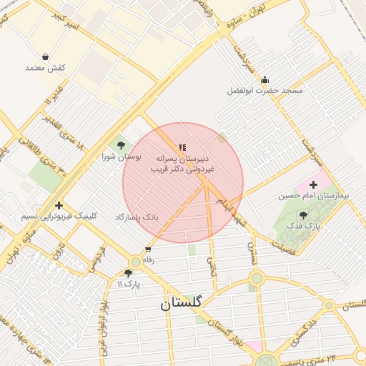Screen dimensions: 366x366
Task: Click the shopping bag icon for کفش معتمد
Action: click(46, 56)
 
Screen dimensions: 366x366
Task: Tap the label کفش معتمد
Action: click(45, 68)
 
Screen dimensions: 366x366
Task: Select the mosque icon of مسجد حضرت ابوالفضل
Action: click(265, 79)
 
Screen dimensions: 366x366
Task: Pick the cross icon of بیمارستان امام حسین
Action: click(313, 184)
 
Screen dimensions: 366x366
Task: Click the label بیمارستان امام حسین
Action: click(313, 196)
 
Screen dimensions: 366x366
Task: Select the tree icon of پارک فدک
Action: click(304, 214)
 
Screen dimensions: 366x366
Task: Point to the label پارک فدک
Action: click(304, 226)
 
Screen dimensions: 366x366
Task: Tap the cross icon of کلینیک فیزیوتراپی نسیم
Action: click(59, 204)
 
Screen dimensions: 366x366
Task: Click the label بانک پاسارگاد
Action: click(136, 216)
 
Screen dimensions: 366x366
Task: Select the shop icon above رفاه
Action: click(148, 249)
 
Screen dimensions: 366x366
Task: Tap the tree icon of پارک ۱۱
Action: click(128, 272)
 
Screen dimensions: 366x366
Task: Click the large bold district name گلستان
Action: click(182, 303)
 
